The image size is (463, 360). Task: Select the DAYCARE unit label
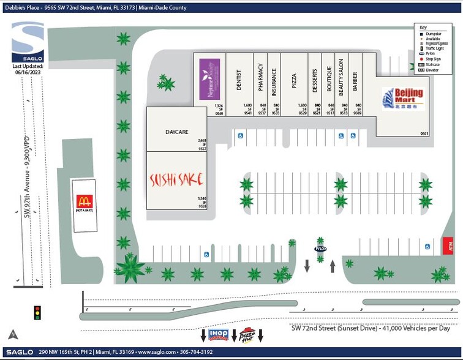click(176, 132)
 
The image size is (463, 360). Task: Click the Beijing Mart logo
click(402, 98)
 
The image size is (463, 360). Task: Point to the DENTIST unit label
click(239, 81)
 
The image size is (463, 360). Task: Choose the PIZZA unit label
click(294, 81)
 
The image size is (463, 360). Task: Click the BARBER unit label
click(355, 82)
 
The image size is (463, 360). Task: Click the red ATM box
click(448, 247)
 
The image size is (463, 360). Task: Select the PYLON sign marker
click(320, 249)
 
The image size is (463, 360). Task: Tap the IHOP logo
click(219, 335)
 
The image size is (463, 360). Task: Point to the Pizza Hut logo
click(247, 335)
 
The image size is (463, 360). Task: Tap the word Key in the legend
click(422, 28)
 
